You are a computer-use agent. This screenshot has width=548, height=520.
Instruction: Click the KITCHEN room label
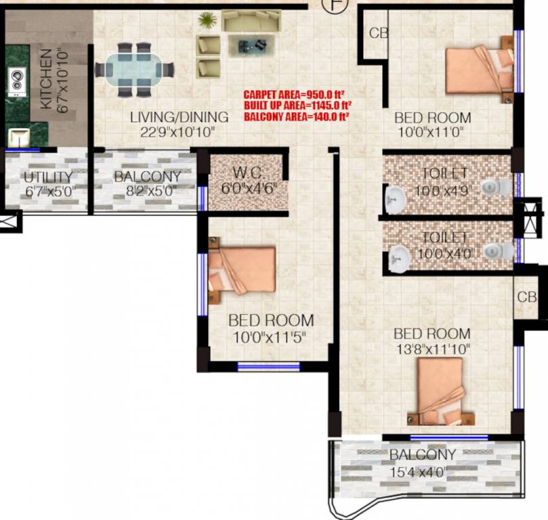click(46, 79)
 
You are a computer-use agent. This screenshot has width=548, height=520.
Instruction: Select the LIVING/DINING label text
click(180, 117)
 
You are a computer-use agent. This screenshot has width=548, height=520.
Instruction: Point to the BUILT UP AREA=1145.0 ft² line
click(298, 105)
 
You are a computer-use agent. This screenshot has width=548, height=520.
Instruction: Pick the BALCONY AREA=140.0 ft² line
click(297, 116)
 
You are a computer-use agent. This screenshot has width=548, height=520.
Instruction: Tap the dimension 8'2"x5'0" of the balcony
click(146, 191)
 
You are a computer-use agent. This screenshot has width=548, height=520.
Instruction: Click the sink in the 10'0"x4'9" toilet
click(395, 198)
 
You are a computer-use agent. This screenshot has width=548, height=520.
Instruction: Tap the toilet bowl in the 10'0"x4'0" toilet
click(501, 251)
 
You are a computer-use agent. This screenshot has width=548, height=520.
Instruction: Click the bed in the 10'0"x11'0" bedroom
click(478, 71)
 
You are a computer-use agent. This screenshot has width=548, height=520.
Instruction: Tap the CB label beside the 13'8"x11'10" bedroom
click(527, 297)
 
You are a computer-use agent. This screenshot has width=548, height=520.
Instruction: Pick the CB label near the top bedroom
click(378, 32)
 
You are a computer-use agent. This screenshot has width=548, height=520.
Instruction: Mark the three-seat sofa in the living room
click(251, 22)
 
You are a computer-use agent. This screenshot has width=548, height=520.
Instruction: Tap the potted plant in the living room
click(207, 21)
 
